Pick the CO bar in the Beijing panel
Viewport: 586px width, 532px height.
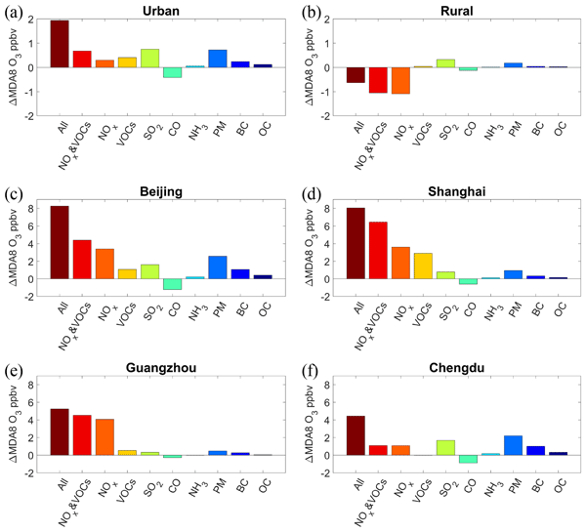(172, 284)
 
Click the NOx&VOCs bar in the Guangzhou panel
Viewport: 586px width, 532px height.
(82, 435)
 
